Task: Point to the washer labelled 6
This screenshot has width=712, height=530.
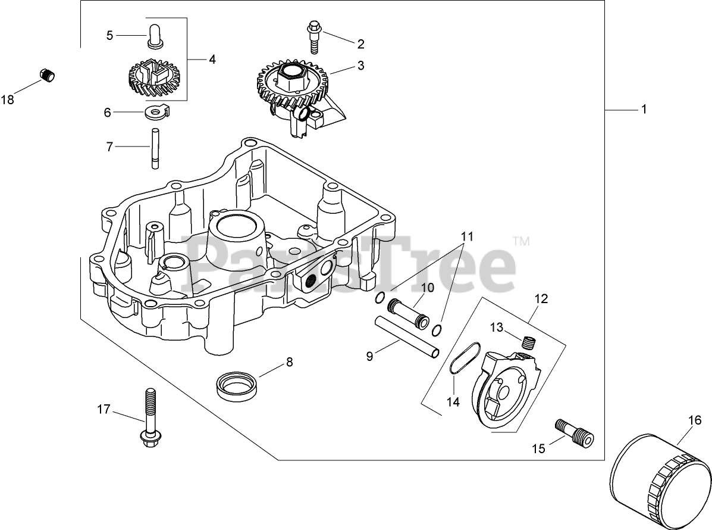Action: click(156, 111)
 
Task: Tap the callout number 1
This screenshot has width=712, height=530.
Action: click(643, 110)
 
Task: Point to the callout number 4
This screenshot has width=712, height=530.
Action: click(212, 59)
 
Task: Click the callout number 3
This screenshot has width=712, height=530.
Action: click(360, 66)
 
